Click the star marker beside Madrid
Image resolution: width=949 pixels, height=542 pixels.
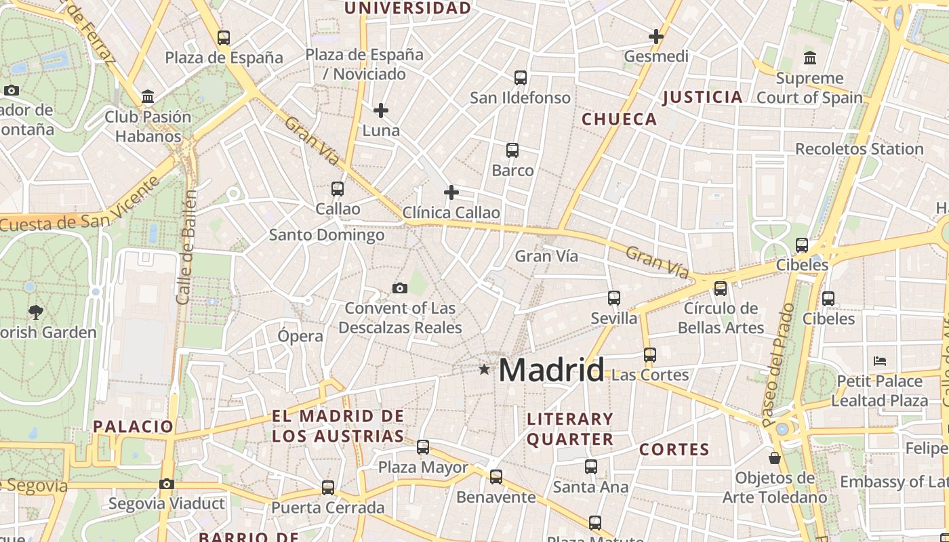point(484,369)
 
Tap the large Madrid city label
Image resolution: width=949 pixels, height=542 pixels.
point(551,370)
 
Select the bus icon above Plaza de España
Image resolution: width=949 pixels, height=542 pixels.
point(224,38)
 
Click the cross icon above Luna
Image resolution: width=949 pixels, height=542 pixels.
point(381,110)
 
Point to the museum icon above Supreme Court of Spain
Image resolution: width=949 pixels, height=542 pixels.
point(809,58)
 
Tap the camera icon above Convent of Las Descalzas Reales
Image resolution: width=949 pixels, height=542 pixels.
point(400,289)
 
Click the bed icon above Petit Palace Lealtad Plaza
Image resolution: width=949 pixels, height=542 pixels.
point(880,361)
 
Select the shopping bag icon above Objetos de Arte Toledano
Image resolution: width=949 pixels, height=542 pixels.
point(775,459)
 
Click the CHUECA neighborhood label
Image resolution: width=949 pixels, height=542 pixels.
point(620,119)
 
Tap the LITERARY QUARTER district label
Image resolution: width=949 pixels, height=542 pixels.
point(570,429)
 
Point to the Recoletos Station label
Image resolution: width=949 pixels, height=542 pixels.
point(859,148)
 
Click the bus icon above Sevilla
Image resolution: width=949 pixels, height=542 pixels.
point(614,297)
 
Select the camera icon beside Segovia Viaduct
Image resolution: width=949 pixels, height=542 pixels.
point(167,484)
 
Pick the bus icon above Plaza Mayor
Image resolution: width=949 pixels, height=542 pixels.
point(423,447)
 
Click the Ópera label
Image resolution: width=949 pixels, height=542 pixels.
point(300,336)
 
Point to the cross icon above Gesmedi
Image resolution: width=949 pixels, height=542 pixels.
point(655,37)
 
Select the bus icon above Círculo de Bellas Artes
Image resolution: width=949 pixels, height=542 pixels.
point(721,289)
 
